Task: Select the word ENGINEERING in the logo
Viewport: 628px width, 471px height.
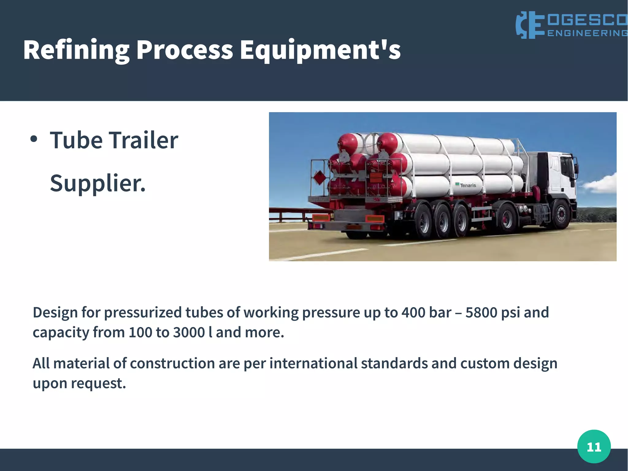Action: pyautogui.click(x=587, y=33)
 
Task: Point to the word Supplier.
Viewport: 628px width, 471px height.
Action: pyautogui.click(x=98, y=183)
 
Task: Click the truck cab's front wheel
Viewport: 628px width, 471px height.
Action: pyautogui.click(x=561, y=214)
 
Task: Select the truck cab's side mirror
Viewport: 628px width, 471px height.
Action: pyautogui.click(x=576, y=167)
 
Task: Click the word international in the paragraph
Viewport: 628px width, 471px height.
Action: pyautogui.click(x=313, y=364)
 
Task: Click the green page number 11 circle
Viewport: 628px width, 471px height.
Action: pyautogui.click(x=594, y=446)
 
